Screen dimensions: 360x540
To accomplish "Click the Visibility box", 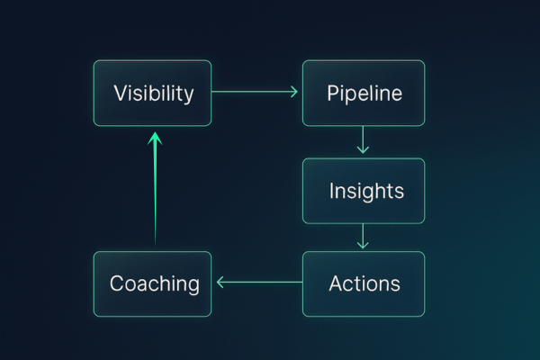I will (x=152, y=93).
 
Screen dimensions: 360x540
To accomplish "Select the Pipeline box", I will (x=364, y=93).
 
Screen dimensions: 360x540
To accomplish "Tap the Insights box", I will (x=364, y=191).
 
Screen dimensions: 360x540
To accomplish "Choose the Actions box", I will (x=364, y=283).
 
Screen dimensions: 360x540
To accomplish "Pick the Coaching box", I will (x=152, y=283).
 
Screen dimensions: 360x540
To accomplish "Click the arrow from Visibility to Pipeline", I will (x=256, y=92).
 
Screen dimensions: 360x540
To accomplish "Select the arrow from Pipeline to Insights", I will (x=364, y=140).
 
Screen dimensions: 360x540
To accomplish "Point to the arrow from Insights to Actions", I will (x=364, y=236).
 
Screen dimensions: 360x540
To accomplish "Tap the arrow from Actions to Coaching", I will (x=258, y=283).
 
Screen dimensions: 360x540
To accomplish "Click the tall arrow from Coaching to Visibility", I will (x=155, y=189).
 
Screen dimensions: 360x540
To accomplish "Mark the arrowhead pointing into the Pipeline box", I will (x=293, y=92).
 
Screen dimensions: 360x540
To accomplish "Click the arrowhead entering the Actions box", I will (x=364, y=246).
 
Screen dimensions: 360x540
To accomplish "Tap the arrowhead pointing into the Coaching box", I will (x=220, y=283).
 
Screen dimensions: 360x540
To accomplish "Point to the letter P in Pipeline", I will (x=332, y=93).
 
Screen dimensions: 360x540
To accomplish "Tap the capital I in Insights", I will (x=332, y=191).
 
